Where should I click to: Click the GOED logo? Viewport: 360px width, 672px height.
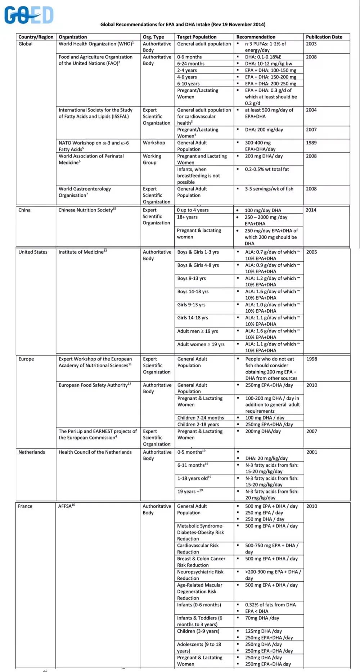(29, 15)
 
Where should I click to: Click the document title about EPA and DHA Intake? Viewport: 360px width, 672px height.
(183, 24)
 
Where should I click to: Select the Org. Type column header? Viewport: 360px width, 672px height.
(153, 37)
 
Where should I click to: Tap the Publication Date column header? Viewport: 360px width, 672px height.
(324, 37)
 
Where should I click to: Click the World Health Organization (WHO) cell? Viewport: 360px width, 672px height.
(96, 44)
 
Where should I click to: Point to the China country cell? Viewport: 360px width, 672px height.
(24, 210)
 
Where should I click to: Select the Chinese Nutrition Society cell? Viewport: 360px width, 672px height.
(87, 210)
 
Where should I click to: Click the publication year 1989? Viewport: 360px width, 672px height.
(311, 143)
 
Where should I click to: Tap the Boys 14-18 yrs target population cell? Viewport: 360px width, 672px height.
(193, 291)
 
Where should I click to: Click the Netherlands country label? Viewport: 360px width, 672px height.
(32, 452)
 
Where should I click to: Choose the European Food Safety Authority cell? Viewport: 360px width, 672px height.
(95, 385)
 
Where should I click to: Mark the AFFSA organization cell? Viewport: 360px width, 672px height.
(67, 506)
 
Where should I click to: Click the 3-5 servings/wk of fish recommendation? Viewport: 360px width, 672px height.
(269, 189)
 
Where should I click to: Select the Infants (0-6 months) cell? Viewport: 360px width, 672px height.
(199, 605)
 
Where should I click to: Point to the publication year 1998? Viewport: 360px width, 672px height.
(312, 359)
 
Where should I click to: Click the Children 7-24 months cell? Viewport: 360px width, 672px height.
(201, 418)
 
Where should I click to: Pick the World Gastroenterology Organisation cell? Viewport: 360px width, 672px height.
(85, 192)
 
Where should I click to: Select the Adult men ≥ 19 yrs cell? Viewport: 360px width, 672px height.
(198, 331)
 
